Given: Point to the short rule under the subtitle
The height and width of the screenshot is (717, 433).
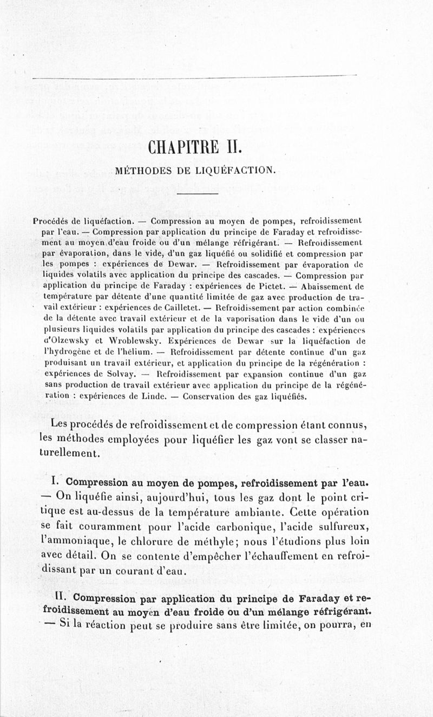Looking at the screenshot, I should point(197,193).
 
